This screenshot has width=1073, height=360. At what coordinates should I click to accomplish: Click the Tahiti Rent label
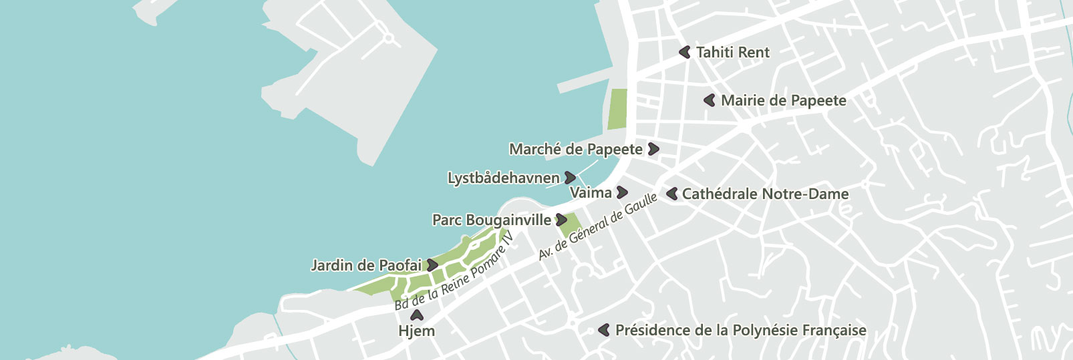click(732, 52)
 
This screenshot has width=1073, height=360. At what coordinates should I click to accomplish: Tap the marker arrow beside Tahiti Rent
click(685, 51)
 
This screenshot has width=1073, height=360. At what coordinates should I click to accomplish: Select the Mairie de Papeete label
click(783, 101)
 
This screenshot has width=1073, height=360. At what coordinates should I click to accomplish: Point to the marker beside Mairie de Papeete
click(710, 100)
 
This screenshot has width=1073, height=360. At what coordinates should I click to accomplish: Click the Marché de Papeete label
click(575, 149)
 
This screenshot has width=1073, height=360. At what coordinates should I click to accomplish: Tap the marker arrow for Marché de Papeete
click(653, 149)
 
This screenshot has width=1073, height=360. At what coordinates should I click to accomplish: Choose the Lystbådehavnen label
click(503, 178)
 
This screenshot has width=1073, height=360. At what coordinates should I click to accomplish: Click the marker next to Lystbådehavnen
click(570, 178)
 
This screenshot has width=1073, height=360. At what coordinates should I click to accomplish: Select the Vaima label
click(591, 193)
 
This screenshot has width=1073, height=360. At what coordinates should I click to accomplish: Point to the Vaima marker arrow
click(622, 192)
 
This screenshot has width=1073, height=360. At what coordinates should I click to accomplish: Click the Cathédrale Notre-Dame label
click(765, 194)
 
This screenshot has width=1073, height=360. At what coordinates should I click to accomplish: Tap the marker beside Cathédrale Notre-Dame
click(672, 194)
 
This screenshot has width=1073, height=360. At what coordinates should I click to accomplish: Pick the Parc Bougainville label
click(492, 220)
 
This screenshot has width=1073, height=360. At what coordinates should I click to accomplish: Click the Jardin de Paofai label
click(366, 265)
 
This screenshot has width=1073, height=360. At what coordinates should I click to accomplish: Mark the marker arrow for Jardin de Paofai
click(433, 265)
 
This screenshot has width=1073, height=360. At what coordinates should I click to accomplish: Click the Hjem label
click(416, 331)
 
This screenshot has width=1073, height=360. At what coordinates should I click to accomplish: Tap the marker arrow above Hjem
click(417, 315)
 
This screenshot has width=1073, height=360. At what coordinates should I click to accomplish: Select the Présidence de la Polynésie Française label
click(740, 330)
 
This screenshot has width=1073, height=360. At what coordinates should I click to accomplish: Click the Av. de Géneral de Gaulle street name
click(597, 226)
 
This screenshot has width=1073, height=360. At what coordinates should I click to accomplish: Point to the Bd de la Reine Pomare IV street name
click(454, 271)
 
